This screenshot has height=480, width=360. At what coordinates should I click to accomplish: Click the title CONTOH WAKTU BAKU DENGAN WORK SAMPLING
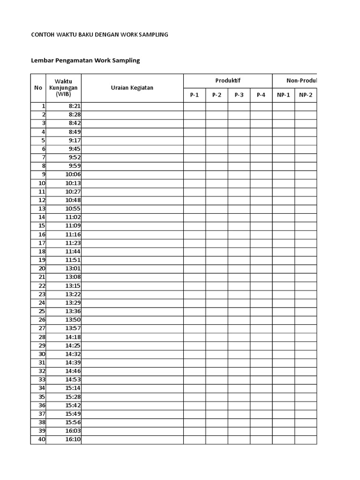pos(99,35)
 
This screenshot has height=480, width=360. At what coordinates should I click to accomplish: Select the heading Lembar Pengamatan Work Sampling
pos(85,60)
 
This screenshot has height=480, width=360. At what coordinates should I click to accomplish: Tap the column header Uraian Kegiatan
pos(132,88)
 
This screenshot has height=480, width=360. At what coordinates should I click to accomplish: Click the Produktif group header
pos(228,81)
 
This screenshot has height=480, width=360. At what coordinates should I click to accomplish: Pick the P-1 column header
pos(195,95)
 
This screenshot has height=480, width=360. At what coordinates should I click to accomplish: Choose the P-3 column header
pos(239,95)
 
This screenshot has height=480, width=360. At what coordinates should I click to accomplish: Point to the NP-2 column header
pos(306,95)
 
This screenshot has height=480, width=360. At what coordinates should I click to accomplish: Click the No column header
pos(38,88)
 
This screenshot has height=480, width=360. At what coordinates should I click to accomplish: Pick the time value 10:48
pos(73,200)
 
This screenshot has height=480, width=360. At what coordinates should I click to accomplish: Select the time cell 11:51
pos(73,260)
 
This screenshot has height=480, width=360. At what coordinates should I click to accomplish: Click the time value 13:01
pos(73,269)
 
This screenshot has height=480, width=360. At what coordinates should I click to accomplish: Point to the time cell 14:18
pos(73,337)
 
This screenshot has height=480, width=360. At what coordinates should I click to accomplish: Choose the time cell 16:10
pos(73,440)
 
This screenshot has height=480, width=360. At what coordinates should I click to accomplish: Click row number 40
pos(42,440)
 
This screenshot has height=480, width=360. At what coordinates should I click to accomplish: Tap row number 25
pos(42,311)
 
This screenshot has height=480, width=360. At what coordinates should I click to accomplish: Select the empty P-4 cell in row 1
pos(261,106)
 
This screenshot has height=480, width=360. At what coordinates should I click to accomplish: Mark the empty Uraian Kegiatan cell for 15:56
pos(132,422)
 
